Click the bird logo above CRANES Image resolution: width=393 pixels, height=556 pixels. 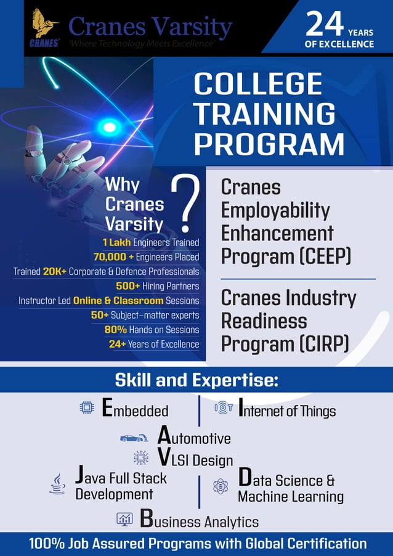pyautogui.click(x=44, y=23)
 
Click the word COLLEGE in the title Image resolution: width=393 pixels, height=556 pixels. pyautogui.click(x=258, y=84)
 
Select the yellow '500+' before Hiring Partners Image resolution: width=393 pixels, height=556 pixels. pyautogui.click(x=128, y=286)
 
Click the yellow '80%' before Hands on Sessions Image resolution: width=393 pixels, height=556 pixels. pyautogui.click(x=115, y=330)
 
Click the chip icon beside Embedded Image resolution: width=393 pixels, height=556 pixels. pyautogui.click(x=86, y=407)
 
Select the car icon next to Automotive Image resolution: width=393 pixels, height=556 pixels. pyautogui.click(x=134, y=438)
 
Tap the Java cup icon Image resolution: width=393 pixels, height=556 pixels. pyautogui.click(x=58, y=484)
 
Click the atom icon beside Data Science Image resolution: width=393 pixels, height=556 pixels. pyautogui.click(x=221, y=486)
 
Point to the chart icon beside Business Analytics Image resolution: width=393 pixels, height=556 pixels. pyautogui.click(x=125, y=519)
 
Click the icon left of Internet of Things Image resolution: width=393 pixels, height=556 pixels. pyautogui.click(x=223, y=407)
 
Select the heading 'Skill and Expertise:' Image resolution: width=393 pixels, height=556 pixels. pyautogui.click(x=197, y=380)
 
